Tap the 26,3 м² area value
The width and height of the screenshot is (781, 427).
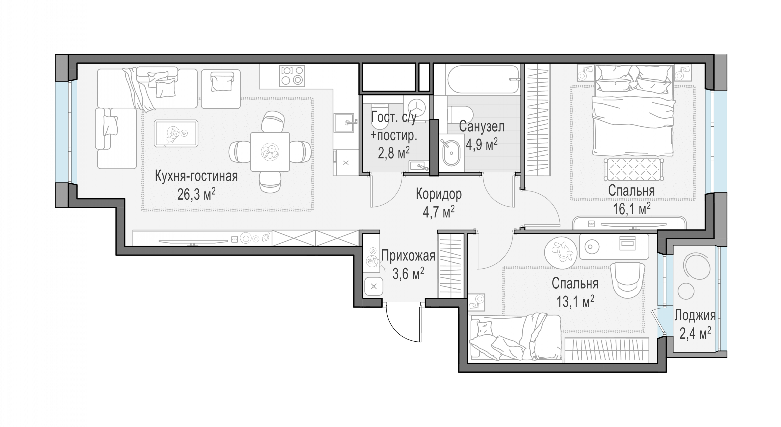pyautogui.click(x=196, y=194)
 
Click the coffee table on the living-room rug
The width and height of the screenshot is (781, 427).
pyautogui.click(x=176, y=133)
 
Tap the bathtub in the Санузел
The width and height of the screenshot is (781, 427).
pyautogui.click(x=483, y=79)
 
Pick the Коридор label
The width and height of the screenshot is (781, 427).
pyautogui.click(x=438, y=194)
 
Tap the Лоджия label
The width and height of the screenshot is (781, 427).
pyautogui.click(x=695, y=316)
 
